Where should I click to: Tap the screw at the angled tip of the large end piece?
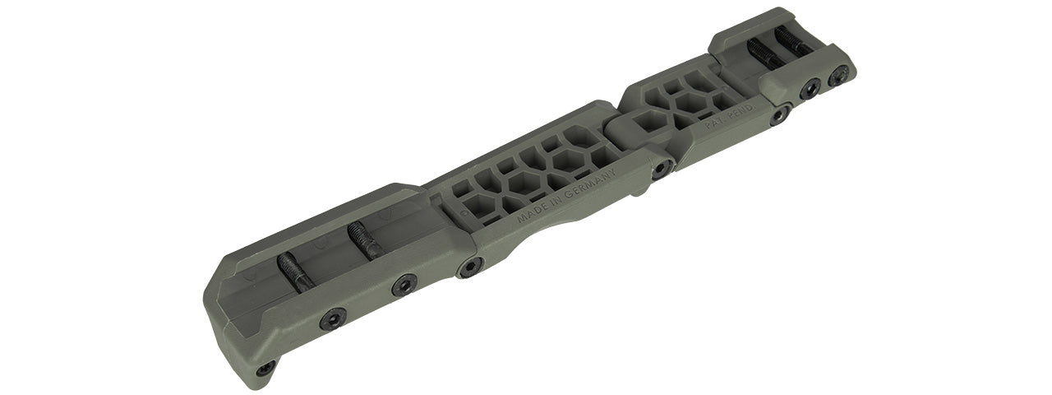point(265,369)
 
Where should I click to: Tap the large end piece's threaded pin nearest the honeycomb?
point(362,240)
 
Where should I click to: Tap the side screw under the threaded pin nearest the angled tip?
point(333,318)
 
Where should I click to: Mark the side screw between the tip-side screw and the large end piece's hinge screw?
point(404,285)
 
